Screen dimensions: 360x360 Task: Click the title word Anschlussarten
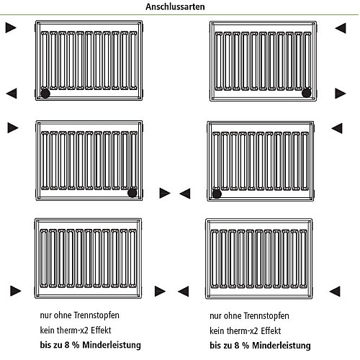(x=175, y=6)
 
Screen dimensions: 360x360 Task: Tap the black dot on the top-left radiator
(x=45, y=93)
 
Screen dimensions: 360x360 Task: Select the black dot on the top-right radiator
(x=307, y=93)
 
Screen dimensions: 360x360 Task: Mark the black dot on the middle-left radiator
(x=132, y=193)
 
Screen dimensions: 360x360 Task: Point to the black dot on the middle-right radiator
(x=217, y=194)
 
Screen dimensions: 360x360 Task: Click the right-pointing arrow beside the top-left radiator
(x=11, y=27)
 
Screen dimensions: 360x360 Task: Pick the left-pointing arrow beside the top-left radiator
(x=12, y=93)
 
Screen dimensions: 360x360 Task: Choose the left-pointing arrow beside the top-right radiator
(x=341, y=28)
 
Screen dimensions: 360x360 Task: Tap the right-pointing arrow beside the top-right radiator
(x=341, y=93)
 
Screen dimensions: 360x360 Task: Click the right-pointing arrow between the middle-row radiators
(x=165, y=193)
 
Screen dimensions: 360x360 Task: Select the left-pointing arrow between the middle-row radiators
(x=185, y=194)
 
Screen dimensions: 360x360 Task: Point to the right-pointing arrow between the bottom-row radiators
(x=160, y=291)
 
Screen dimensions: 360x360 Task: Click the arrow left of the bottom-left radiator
(x=16, y=291)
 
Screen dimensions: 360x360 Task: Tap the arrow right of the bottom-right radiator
(x=335, y=292)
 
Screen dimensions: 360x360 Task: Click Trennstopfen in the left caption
(x=96, y=315)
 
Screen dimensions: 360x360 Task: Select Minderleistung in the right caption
(x=282, y=346)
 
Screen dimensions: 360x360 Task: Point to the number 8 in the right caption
(x=237, y=346)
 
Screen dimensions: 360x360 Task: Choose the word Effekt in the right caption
(x=271, y=330)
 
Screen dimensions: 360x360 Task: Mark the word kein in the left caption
(x=47, y=330)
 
